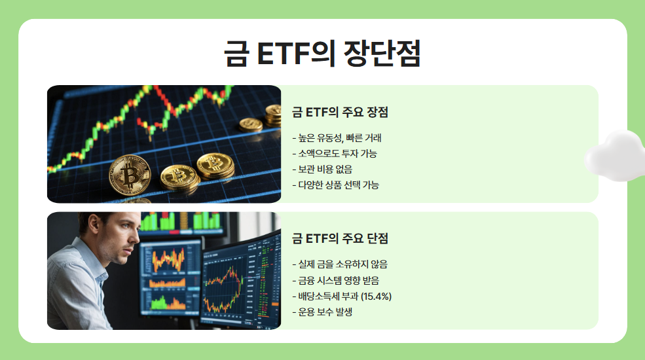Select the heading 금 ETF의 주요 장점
[x=340, y=113]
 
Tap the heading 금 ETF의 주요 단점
[x=340, y=239]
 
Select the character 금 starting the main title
[x=235, y=54]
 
